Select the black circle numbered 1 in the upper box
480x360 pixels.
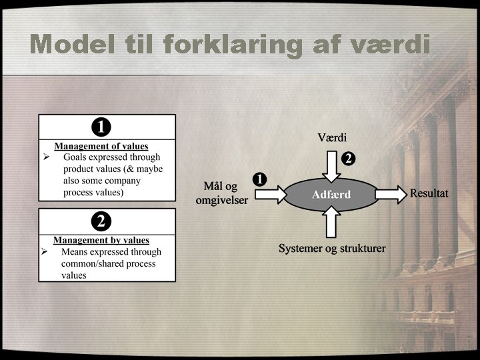(x=101, y=126)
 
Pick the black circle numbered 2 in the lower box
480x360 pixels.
(x=101, y=221)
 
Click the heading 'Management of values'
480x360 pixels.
(x=101, y=146)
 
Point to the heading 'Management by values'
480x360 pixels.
(x=101, y=240)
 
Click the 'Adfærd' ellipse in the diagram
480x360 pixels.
(x=331, y=195)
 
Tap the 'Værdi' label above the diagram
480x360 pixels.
(x=332, y=138)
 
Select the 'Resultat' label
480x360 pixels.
(x=429, y=193)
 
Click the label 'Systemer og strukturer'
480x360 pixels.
(x=332, y=249)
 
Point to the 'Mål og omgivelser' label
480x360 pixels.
(x=221, y=193)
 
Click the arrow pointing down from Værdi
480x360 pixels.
(x=331, y=165)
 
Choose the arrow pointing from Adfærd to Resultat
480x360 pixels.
(x=391, y=195)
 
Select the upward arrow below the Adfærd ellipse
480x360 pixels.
(x=331, y=223)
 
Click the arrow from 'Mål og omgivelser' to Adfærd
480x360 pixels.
(x=269, y=195)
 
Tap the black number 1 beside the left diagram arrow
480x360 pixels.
(x=259, y=178)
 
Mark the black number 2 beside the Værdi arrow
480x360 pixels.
(x=348, y=159)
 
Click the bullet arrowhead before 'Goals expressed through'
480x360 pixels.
(x=46, y=157)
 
